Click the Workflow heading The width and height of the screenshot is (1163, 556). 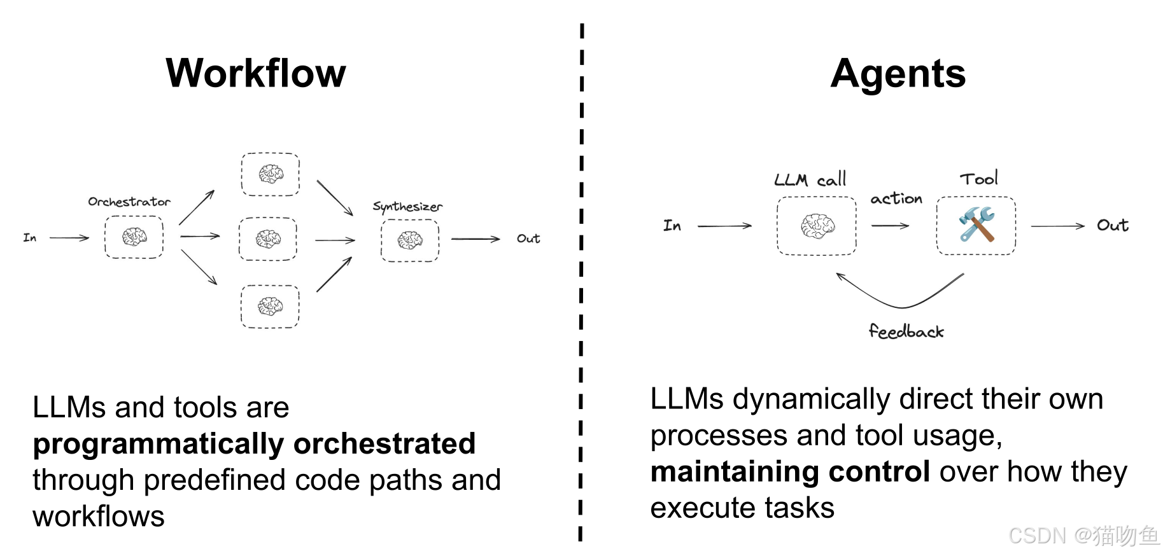pyautogui.click(x=255, y=73)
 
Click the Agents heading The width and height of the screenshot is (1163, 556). pyautogui.click(x=898, y=74)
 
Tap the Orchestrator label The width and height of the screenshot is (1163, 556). pyautogui.click(x=129, y=202)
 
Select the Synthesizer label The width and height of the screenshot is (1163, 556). pyautogui.click(x=407, y=207)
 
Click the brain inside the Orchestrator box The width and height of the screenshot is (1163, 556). pyautogui.click(x=134, y=237)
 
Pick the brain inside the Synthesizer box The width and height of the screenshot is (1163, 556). pyautogui.click(x=410, y=240)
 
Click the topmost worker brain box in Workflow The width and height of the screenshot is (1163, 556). pyautogui.click(x=271, y=174)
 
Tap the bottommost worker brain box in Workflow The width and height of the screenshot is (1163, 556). pyautogui.click(x=270, y=307)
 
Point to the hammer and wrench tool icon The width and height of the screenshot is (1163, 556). pyautogui.click(x=976, y=225)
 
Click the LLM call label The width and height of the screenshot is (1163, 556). pyautogui.click(x=810, y=179)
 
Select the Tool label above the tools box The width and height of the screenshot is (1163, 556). pyautogui.click(x=979, y=179)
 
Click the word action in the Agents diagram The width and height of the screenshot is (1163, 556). pyautogui.click(x=896, y=199)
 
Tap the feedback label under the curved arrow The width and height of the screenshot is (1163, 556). pyautogui.click(x=906, y=331)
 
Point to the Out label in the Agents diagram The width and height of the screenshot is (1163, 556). pyautogui.click(x=1112, y=225)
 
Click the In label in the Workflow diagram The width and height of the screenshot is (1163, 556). pyautogui.click(x=30, y=238)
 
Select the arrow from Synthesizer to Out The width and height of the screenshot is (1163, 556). pyautogui.click(x=476, y=239)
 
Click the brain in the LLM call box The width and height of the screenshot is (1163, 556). pyautogui.click(x=817, y=226)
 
